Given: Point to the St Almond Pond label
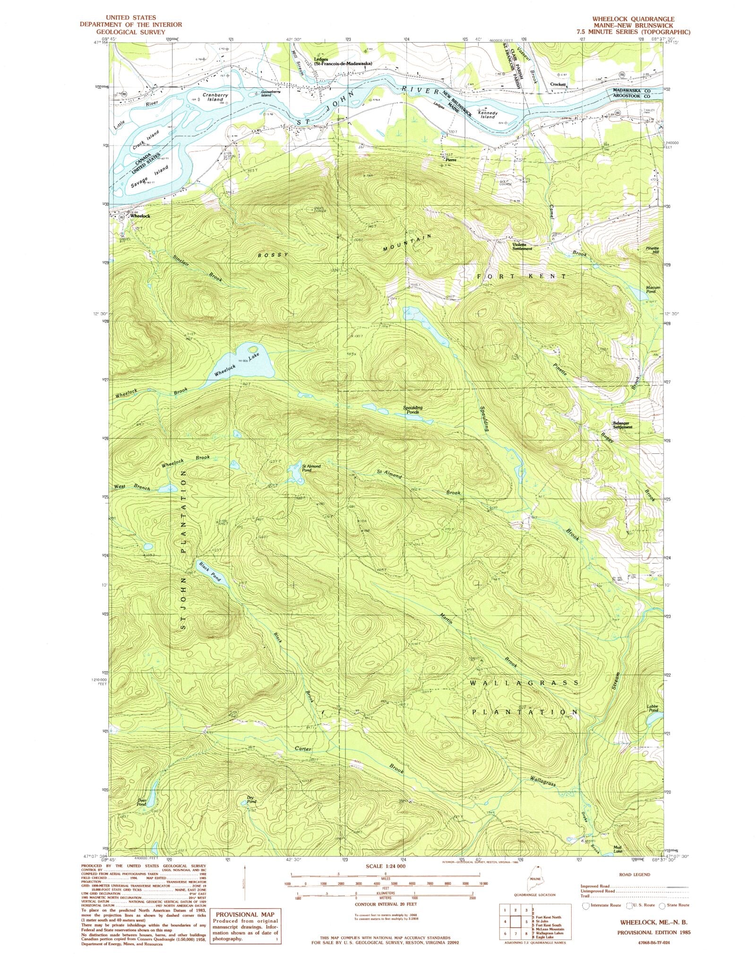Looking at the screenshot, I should click(311, 468).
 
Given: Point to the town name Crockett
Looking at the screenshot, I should click(558, 85).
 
